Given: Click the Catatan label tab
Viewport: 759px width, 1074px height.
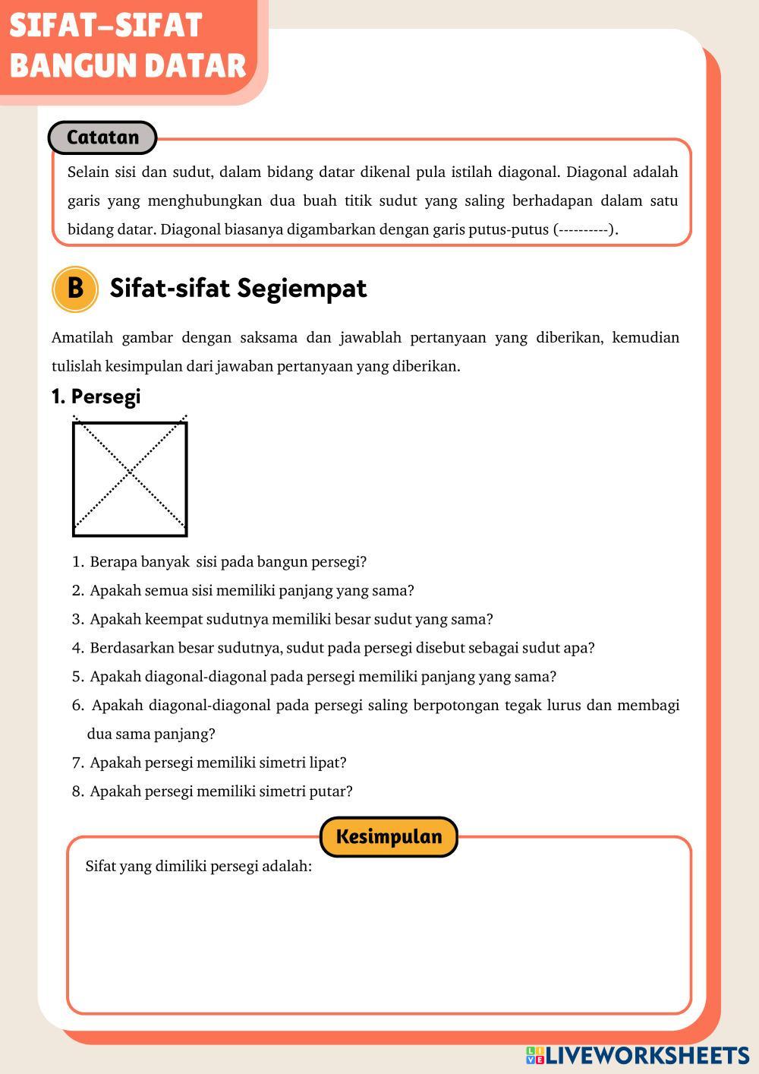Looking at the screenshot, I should (x=102, y=137).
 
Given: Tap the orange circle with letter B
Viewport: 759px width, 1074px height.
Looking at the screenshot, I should (x=74, y=289).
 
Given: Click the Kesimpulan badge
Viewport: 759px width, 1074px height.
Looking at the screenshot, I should (x=389, y=837).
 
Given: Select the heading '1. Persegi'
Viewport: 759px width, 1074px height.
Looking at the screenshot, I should (x=96, y=396).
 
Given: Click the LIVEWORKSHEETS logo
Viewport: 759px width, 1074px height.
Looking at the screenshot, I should (x=638, y=1055).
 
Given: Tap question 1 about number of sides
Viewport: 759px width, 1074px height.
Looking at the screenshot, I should (x=227, y=562).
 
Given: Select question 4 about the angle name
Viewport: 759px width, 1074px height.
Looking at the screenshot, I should (x=342, y=648).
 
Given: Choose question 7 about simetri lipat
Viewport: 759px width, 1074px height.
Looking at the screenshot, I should (x=217, y=763).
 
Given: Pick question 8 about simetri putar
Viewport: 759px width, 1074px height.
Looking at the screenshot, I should (x=220, y=791).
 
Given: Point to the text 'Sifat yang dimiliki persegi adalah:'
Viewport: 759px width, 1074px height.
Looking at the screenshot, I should (x=198, y=866).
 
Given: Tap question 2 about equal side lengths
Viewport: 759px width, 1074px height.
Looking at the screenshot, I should (x=251, y=591).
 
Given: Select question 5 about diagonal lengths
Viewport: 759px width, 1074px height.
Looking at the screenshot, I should (x=323, y=677).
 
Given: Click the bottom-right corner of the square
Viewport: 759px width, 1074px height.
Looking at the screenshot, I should (x=186, y=535).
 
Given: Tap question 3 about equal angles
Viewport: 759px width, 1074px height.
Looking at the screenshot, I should (x=291, y=619).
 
